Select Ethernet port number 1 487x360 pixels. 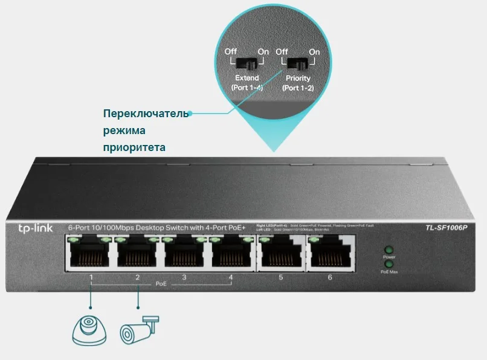coord(91,252)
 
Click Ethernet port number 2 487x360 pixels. coord(138,252)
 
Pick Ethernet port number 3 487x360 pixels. coord(185,252)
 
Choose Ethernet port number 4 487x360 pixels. coord(231,252)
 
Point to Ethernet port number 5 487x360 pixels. coord(280,252)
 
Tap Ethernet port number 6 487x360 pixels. coord(329,252)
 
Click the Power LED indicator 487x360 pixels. coord(389,249)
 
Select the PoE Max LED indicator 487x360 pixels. coord(389,264)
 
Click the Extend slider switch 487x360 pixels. coord(245,64)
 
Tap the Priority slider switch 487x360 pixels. coord(296,64)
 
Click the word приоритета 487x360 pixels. coord(134,147)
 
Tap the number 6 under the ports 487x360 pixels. coord(330,277)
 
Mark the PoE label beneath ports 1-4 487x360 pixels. coord(161,283)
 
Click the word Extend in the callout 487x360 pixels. coord(246,79)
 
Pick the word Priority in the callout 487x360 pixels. coord(297,79)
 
